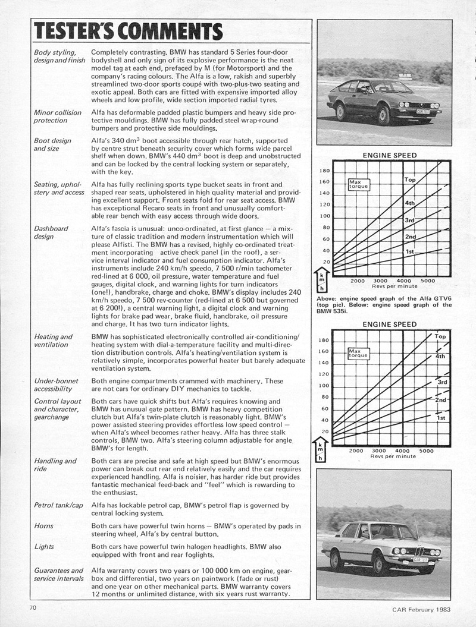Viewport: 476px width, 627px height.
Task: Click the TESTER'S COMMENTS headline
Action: pos(128,31)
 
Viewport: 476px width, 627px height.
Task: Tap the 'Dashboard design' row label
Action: pos(51,232)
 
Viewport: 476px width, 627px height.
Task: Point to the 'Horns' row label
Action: pos(44,526)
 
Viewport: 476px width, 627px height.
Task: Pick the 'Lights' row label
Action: pos(44,547)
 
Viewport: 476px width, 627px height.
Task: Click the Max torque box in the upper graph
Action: pos(359,184)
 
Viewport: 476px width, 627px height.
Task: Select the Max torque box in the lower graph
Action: pos(359,354)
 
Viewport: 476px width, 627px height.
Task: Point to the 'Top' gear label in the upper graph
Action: pos(410,179)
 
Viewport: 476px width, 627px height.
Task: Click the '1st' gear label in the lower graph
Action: pos(441,418)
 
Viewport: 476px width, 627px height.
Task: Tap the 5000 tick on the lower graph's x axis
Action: pos(427,451)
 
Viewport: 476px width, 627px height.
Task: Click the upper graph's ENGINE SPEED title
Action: pos(390,155)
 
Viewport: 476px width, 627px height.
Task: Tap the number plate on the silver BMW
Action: pos(421,560)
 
